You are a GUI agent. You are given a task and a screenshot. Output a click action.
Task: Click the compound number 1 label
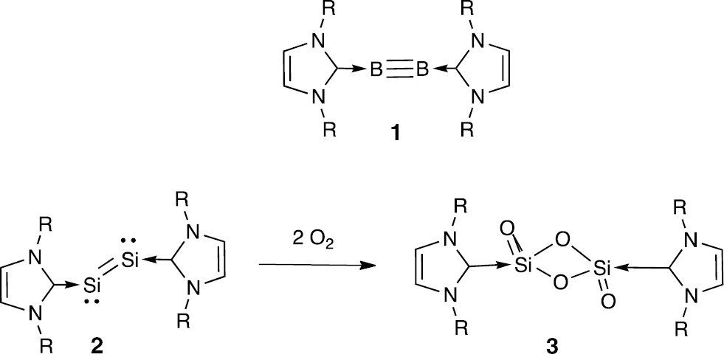396,134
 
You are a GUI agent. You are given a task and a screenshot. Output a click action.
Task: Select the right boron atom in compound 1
422,71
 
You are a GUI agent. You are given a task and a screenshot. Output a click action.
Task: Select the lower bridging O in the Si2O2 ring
559,282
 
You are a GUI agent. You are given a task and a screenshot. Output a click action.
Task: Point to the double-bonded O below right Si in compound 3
608,302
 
